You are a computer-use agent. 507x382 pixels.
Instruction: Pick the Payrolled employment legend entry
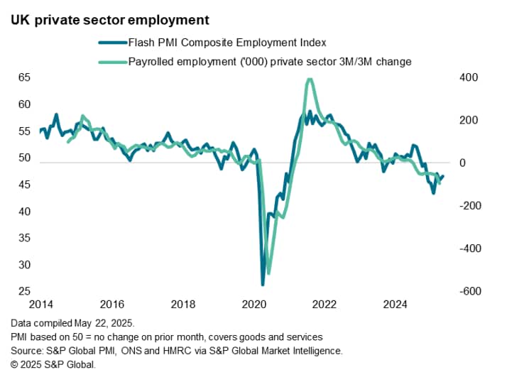[270, 62]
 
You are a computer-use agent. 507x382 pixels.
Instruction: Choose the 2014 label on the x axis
[40, 305]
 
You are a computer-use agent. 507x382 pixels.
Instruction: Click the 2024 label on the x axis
[396, 305]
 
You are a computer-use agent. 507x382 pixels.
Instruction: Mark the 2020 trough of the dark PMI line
[263, 285]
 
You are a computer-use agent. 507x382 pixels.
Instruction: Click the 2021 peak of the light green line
[309, 79]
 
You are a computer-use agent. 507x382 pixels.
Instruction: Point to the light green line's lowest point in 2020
[268, 273]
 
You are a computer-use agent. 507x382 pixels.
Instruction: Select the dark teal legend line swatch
[111, 43]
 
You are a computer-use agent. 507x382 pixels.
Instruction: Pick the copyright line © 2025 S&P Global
[53, 365]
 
